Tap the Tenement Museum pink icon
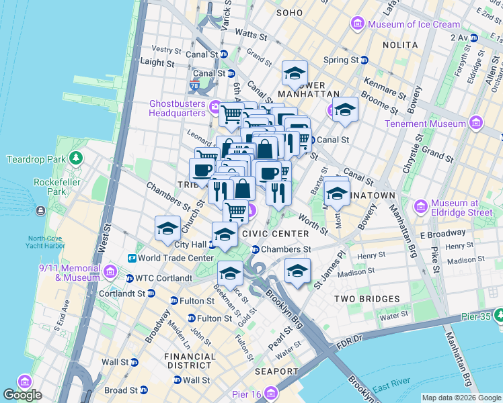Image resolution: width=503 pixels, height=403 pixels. pos(476,124)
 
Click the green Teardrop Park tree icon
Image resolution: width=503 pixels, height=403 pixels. pos(77,159)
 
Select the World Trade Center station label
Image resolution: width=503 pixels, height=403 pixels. pos(176,258)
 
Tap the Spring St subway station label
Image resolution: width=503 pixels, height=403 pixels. pos(340,60)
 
